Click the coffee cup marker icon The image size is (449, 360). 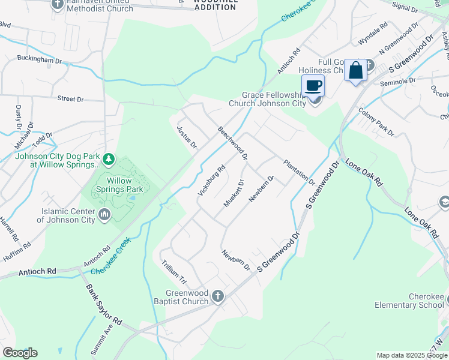point(313,85)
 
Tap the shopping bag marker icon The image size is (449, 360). point(356,70)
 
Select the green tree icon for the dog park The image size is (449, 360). point(109,159)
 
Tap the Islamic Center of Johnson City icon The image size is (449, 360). point(104,214)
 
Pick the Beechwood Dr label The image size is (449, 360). point(233,143)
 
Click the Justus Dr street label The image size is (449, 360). point(187,137)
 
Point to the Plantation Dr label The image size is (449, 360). point(298,172)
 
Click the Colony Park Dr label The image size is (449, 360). point(376,122)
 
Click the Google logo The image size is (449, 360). point(20,352)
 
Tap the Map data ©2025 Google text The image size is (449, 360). point(411,355)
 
